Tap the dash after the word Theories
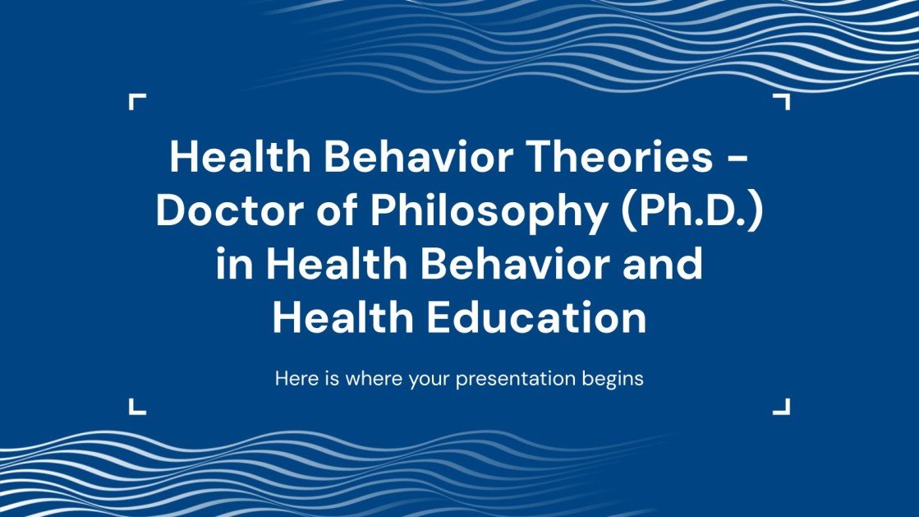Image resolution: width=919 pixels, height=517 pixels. [x=738, y=159]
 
